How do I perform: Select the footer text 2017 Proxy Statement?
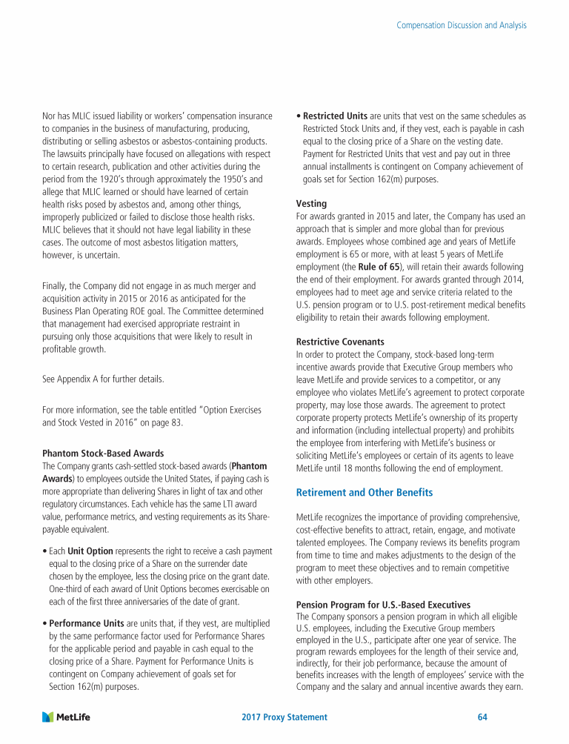point(284,717)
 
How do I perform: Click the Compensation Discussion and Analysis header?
point(462,25)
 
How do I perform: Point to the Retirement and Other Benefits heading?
point(365,492)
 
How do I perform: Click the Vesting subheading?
point(312,203)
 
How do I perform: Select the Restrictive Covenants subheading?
point(340,342)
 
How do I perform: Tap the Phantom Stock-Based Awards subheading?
point(103,453)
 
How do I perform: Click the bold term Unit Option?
point(90,552)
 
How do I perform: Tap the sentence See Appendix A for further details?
point(103,379)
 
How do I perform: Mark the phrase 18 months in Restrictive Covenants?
point(370,468)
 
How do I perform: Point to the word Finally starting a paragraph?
point(56,285)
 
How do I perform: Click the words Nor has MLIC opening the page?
point(67,116)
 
